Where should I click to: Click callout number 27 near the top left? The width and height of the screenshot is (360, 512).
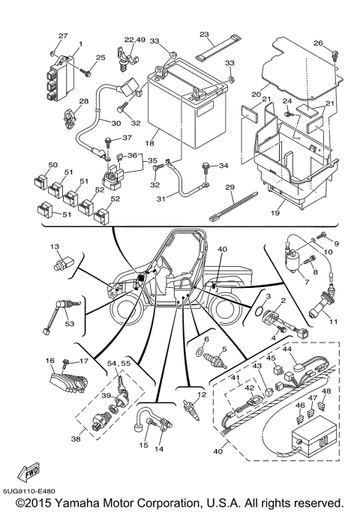pos(63,36)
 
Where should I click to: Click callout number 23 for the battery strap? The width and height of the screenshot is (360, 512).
pos(205,35)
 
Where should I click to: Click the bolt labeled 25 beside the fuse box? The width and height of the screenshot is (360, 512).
pos(88,73)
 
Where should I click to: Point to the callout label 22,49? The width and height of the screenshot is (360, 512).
pos(135,39)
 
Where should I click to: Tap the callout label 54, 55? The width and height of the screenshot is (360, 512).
pos(118,363)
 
